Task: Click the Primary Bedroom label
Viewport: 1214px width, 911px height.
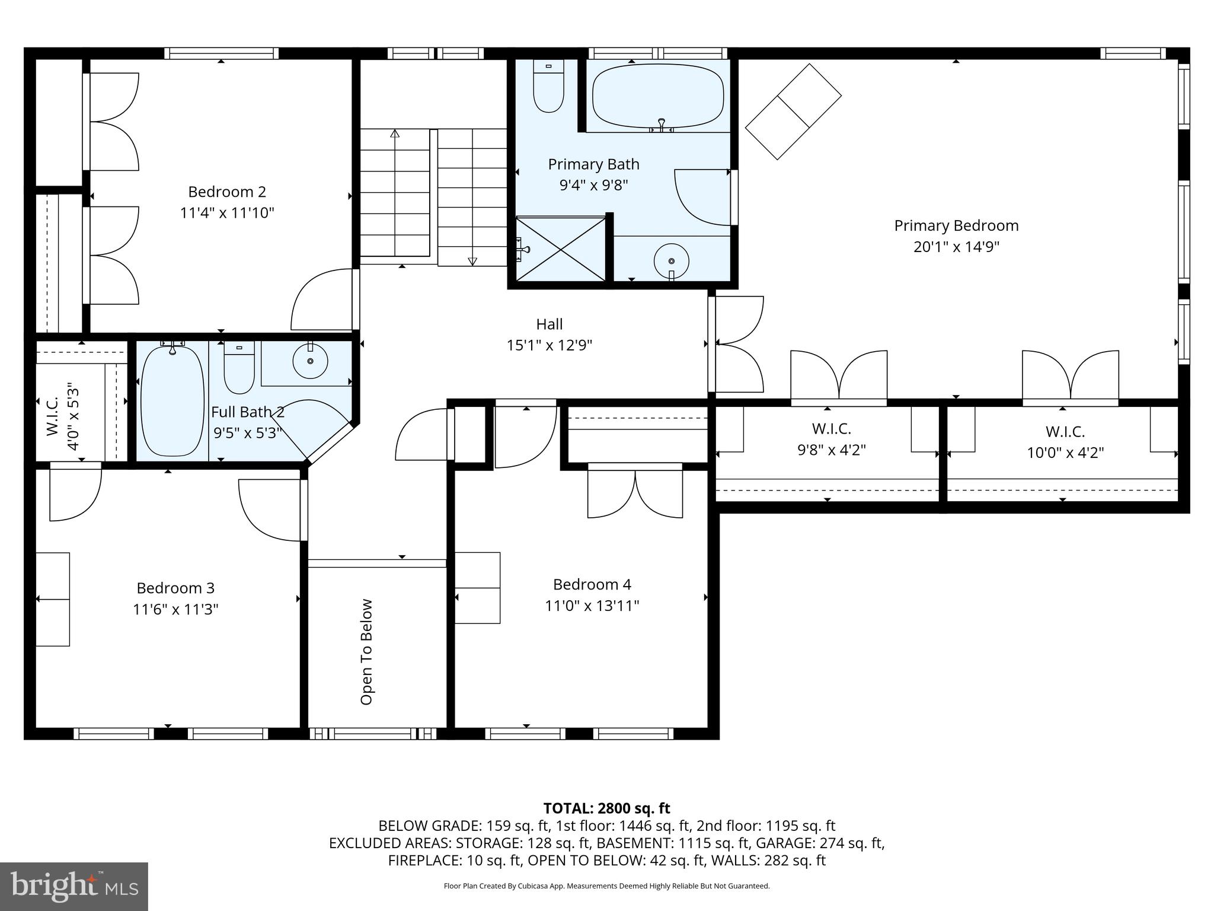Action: [956, 226]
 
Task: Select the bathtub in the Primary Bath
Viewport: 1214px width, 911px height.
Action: [658, 95]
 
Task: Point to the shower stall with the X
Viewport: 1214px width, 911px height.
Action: [561, 249]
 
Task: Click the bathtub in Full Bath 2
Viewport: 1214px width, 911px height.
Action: [172, 400]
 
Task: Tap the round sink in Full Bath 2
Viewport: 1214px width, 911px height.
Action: [310, 360]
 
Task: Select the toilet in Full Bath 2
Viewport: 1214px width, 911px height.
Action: [239, 368]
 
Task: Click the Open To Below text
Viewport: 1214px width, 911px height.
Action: [366, 652]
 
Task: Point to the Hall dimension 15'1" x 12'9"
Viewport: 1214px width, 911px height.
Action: [549, 345]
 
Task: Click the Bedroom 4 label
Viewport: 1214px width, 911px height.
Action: [592, 585]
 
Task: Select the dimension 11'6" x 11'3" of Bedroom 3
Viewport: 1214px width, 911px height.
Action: [175, 610]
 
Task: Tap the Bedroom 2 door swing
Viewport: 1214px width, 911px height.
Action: [320, 300]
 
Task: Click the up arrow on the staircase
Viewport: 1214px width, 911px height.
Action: [395, 134]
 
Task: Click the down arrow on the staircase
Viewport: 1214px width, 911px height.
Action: [472, 260]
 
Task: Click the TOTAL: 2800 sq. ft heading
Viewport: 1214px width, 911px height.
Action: [606, 808]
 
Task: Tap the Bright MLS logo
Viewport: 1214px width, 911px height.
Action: [74, 886]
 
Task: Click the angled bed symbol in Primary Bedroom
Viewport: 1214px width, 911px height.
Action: [793, 112]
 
